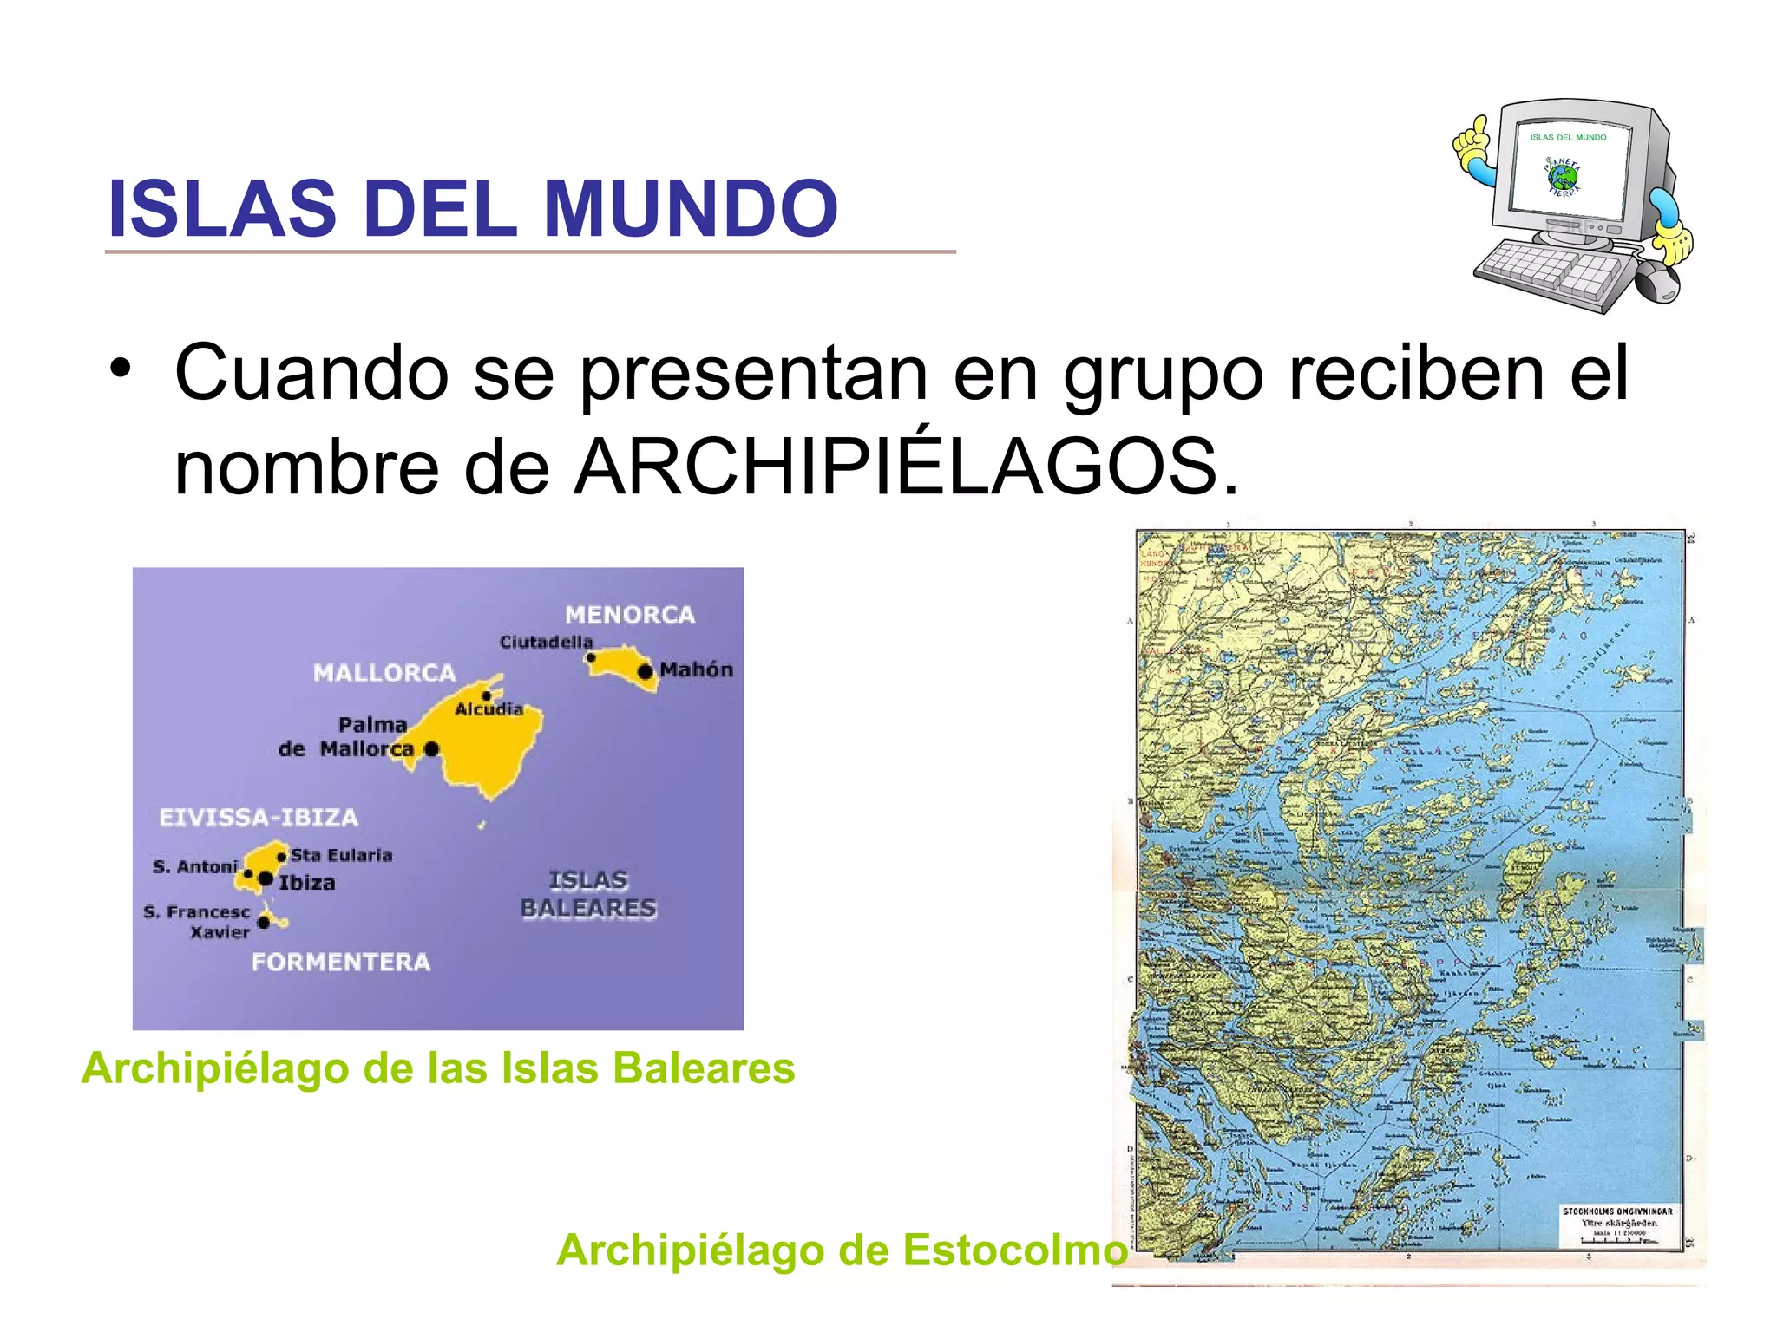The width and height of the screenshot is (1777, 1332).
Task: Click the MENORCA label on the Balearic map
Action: tap(630, 615)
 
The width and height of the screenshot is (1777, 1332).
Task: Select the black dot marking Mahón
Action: tap(645, 671)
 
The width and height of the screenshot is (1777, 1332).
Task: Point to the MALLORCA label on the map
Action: tap(384, 673)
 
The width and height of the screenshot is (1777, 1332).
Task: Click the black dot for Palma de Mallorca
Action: tap(431, 748)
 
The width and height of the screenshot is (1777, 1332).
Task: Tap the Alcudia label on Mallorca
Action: tap(489, 709)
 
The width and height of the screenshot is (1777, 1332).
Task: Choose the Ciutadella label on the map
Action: tap(546, 642)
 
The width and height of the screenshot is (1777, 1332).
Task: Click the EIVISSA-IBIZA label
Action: tap(259, 818)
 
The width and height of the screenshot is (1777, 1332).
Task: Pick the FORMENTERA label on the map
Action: tap(341, 962)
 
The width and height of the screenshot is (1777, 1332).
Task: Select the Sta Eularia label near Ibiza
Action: tap(341, 855)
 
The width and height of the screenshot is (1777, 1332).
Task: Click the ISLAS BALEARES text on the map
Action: tap(588, 894)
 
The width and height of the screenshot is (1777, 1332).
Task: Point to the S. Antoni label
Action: tap(194, 866)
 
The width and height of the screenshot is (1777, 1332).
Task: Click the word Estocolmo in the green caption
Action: tap(1014, 1250)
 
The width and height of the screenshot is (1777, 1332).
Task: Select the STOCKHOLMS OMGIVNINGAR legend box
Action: tap(1617, 1225)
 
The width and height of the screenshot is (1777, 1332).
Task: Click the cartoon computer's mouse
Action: tap(1657, 282)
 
